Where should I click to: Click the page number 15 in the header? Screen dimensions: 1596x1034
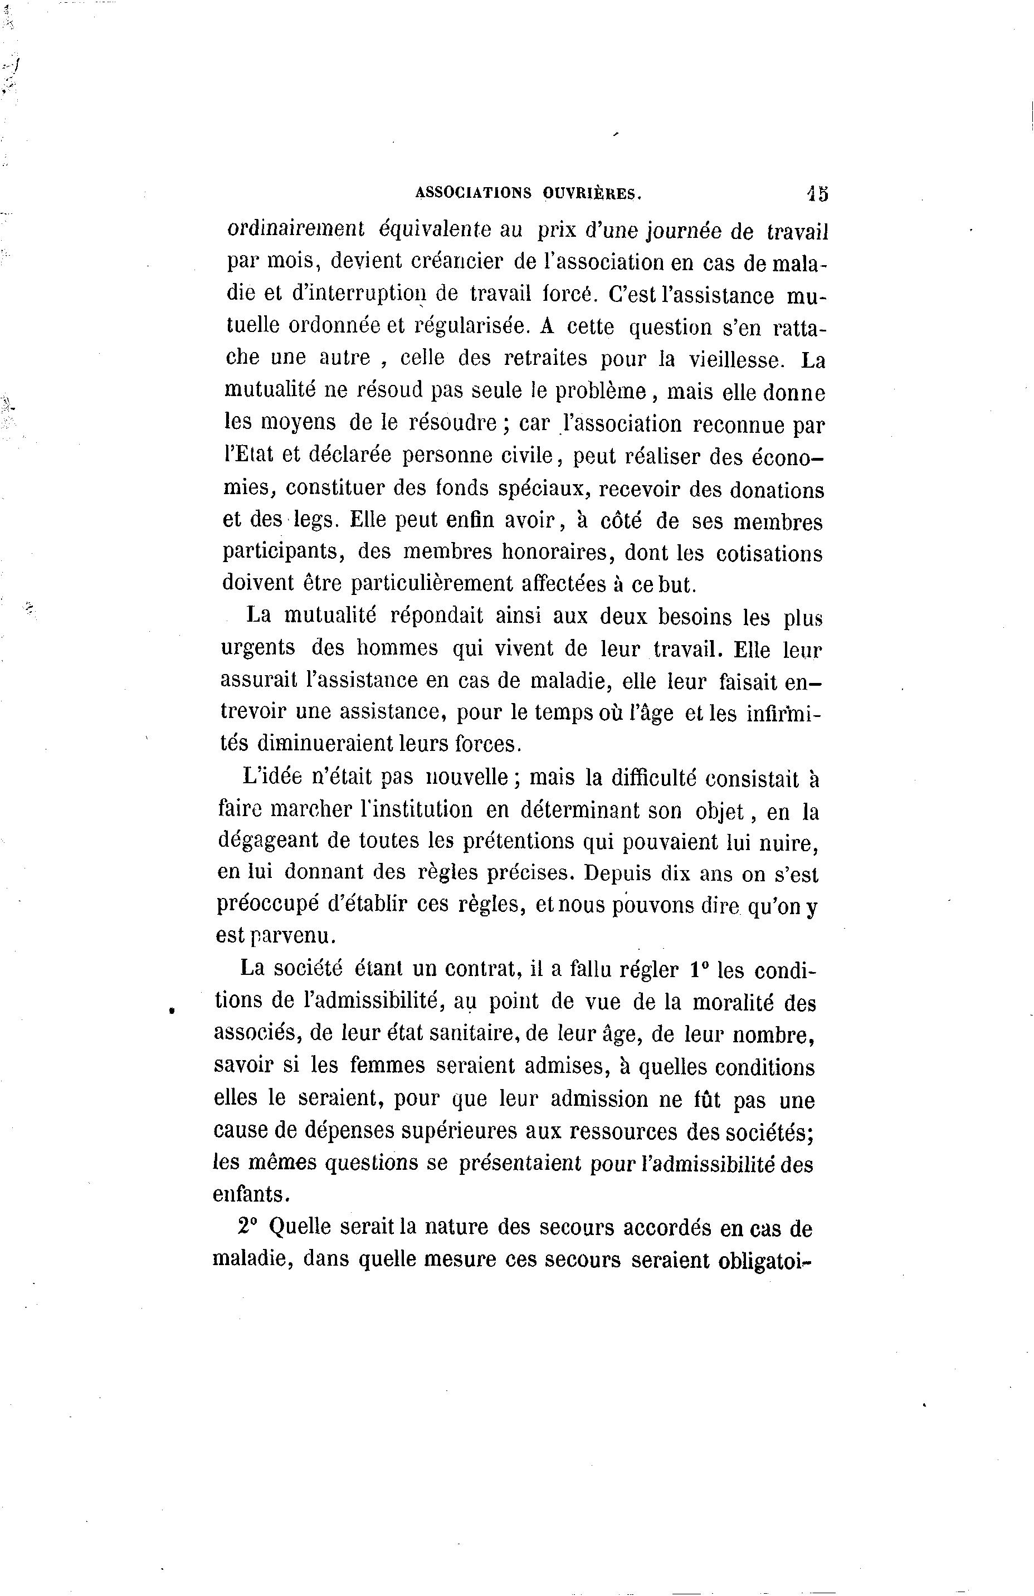[x=818, y=193]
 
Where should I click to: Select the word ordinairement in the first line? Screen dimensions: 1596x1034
[x=295, y=230]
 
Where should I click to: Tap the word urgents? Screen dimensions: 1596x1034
[x=258, y=648]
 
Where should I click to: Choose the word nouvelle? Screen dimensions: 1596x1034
[x=470, y=777]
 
